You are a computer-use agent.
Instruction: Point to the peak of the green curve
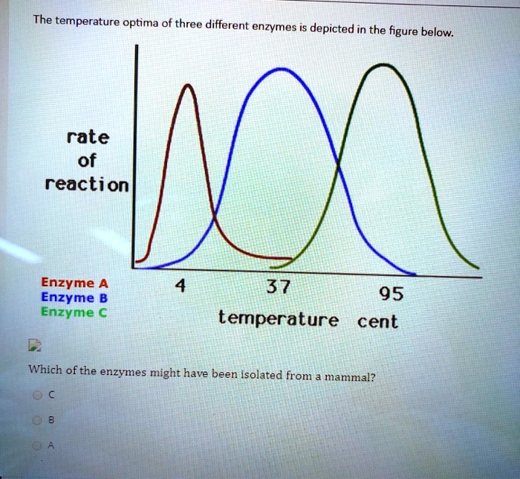click(384, 65)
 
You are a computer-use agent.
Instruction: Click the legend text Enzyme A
click(74, 283)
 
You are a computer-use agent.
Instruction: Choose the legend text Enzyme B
click(74, 298)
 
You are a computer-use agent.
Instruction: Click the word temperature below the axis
click(278, 321)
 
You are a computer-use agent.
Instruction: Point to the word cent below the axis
click(377, 322)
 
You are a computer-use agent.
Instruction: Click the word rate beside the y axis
click(88, 138)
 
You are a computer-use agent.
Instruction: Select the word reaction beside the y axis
click(87, 184)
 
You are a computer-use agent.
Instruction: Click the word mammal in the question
click(348, 376)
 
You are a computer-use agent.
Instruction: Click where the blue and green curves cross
click(339, 165)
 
